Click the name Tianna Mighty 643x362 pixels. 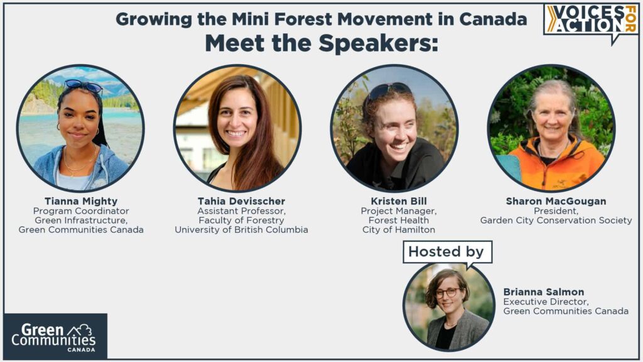tap(80, 201)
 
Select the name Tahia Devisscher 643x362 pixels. tap(241, 201)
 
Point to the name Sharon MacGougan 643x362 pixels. tap(556, 201)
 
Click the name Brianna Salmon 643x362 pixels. tap(544, 292)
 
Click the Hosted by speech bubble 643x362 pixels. tap(446, 252)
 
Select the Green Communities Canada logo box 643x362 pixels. tap(55, 336)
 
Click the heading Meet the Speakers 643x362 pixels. tap(321, 43)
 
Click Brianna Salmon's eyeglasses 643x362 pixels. tap(447, 292)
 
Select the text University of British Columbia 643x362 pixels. tap(241, 230)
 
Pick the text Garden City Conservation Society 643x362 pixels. tap(556, 221)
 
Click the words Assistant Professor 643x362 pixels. tap(241, 211)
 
